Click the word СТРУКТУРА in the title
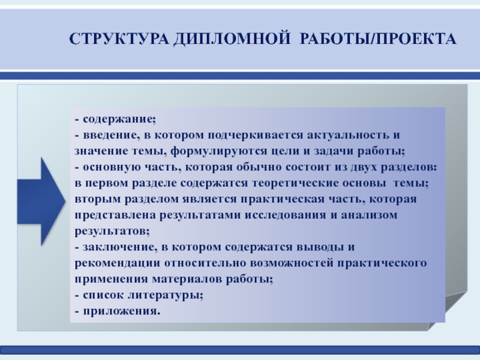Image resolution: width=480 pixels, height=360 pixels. pos(119,39)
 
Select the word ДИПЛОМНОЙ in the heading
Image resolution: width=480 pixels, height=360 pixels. pos(232,39)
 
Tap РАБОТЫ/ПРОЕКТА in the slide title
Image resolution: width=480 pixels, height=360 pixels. pos(378,39)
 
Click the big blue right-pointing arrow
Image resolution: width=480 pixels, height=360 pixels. pos(41,202)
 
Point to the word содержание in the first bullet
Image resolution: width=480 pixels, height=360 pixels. pos(118,119)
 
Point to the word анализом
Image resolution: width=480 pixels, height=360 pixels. pos(369,215)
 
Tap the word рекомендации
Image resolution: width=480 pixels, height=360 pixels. pos(117,263)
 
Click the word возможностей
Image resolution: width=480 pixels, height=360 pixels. pos(291,263)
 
